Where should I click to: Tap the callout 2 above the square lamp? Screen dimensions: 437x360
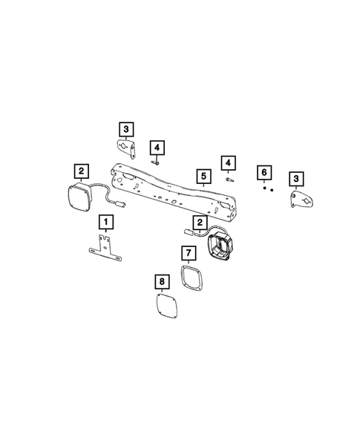click(x=81, y=170)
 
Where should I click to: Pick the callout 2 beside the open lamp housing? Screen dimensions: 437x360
click(x=199, y=223)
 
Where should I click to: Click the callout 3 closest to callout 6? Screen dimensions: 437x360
click(x=296, y=178)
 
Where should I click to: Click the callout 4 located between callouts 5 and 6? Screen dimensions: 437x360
click(x=228, y=162)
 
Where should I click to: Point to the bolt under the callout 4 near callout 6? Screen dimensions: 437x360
click(x=228, y=179)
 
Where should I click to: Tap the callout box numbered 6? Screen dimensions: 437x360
click(x=264, y=173)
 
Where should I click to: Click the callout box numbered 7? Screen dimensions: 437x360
click(x=189, y=254)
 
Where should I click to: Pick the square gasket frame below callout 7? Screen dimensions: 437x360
click(x=192, y=277)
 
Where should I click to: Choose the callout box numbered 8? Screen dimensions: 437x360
click(x=161, y=281)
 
